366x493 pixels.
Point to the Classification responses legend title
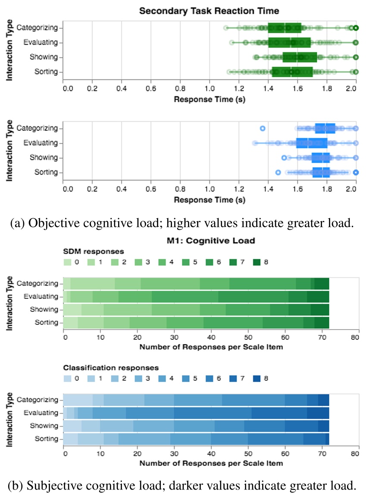111,368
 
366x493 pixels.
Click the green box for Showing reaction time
300,57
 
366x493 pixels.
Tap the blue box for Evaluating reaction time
311,143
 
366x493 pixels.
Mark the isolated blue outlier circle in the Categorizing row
263,129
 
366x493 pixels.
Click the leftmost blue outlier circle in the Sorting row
278,172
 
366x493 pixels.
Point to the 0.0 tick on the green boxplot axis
68,89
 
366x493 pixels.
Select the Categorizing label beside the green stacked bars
38,283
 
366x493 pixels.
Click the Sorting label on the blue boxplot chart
46,172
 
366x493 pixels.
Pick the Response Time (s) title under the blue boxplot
210,200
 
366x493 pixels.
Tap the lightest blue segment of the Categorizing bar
78,400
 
